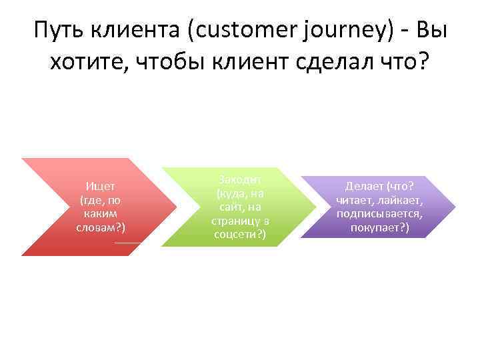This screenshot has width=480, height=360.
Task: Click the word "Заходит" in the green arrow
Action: [239, 181]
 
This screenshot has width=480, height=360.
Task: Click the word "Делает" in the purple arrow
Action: [363, 187]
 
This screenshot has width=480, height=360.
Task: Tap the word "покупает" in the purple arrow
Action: [377, 227]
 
